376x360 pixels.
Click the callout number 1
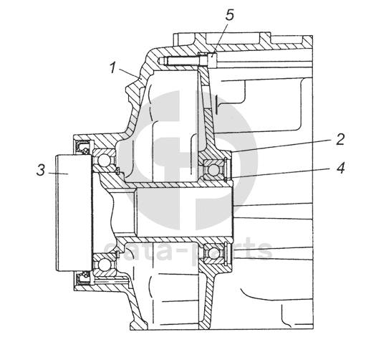pos(113,67)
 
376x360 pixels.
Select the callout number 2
pos(340,139)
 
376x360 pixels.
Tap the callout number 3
pos(41,170)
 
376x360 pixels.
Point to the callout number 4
pos(340,168)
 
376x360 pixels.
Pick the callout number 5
pos(229,15)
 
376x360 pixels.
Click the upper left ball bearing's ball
pos(104,159)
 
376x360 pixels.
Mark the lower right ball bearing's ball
pos(213,253)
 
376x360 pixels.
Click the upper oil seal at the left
pos(83,147)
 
